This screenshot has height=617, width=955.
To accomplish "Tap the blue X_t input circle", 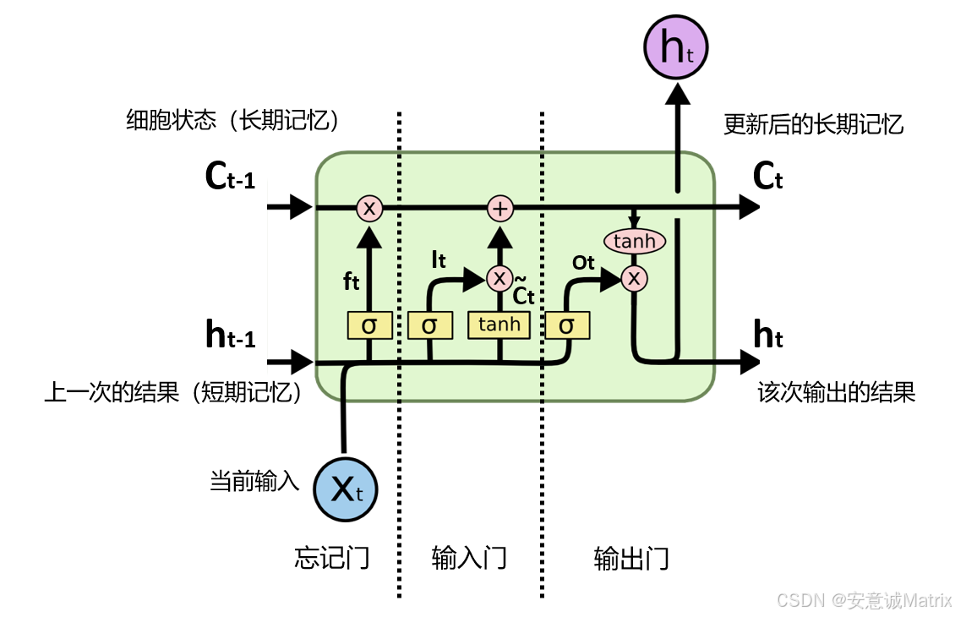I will (345, 489).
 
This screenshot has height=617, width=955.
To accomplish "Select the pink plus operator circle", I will (500, 208).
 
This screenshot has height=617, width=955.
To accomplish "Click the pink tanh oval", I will (634, 242).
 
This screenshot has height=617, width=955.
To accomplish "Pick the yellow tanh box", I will (499, 325).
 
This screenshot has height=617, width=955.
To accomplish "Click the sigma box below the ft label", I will (369, 325).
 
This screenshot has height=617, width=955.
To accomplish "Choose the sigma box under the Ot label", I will (567, 325).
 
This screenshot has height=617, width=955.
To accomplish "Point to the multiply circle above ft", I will (369, 208).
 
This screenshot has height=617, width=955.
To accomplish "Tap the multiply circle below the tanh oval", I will (634, 277).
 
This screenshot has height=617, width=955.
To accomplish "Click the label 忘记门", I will (332, 559).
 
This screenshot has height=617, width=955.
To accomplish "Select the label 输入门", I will (469, 559).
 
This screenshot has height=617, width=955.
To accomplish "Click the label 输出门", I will (631, 559).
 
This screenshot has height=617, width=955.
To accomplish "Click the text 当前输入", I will (254, 483).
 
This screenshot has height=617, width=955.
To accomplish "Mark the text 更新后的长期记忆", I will (814, 125).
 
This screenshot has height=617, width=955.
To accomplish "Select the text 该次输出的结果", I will (836, 393).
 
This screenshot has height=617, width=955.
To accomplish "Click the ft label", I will (352, 281).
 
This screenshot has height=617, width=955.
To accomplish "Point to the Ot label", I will (584, 263).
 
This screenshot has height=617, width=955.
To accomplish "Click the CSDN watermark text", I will (864, 600).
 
